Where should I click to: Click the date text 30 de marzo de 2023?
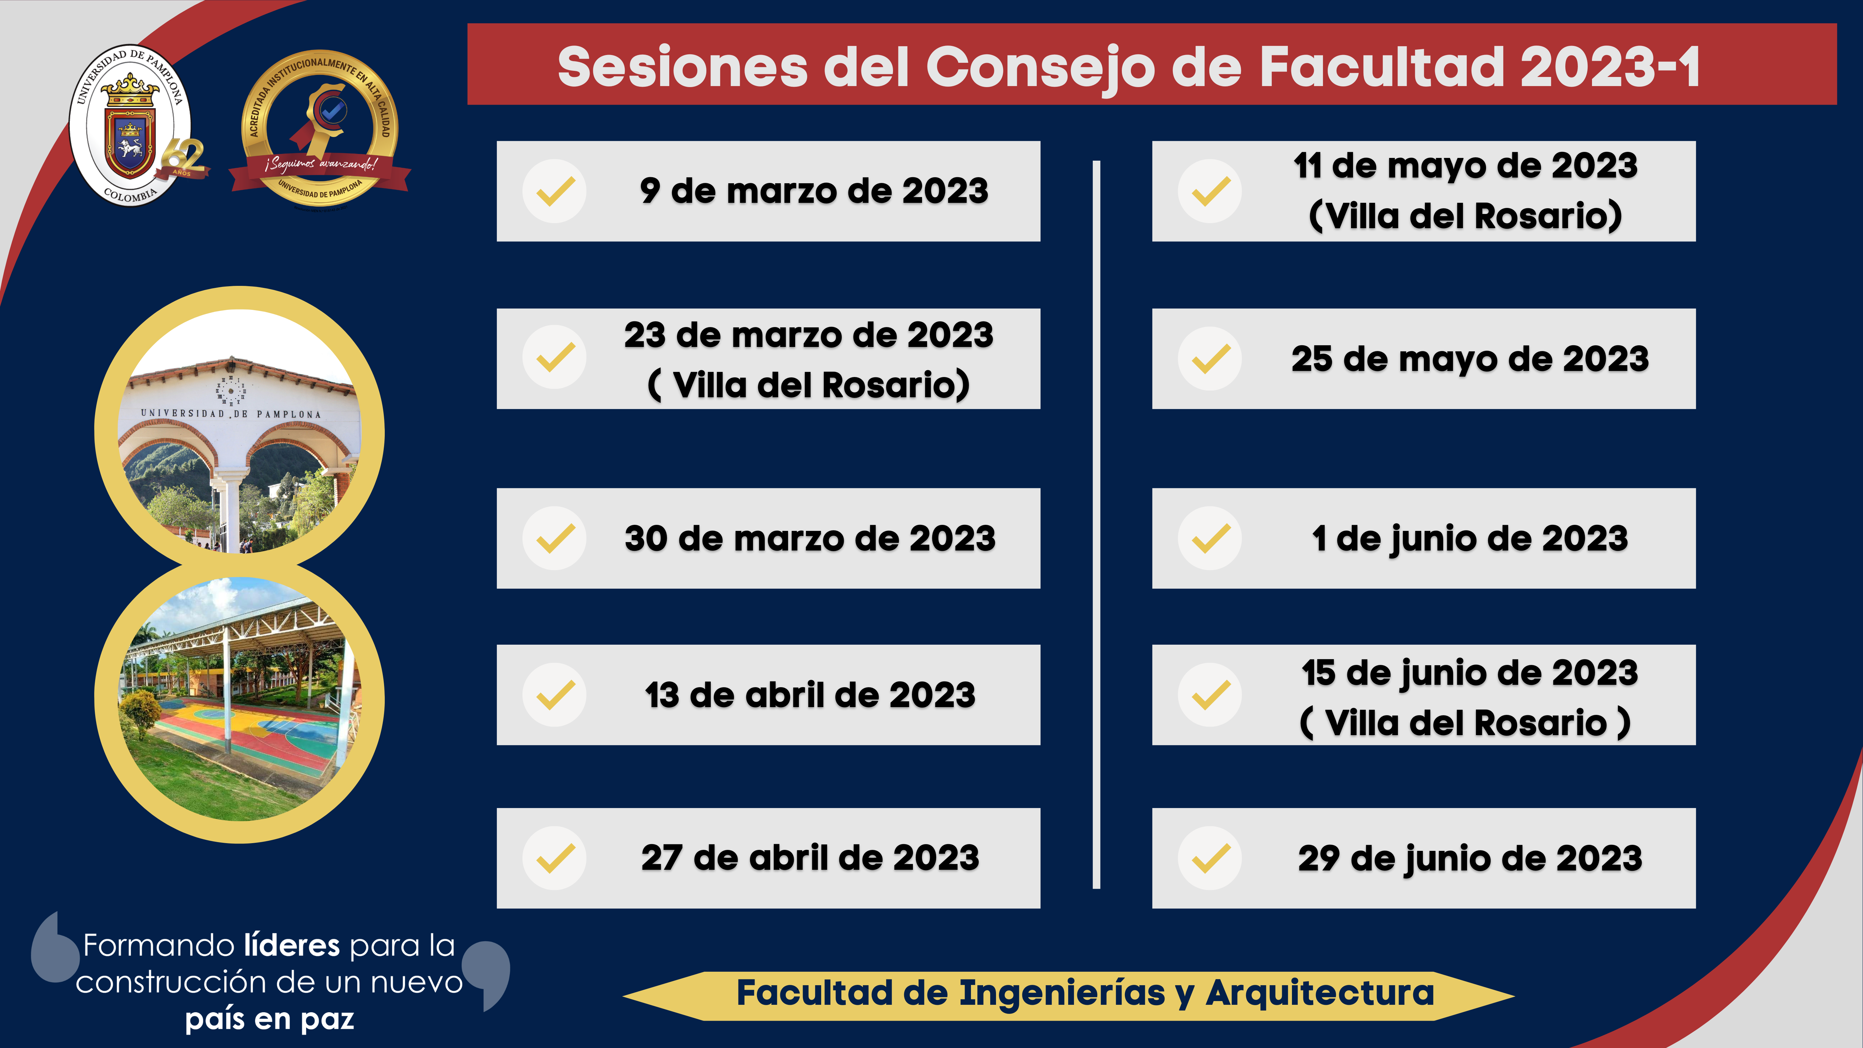tap(810, 539)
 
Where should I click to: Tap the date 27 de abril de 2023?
tap(810, 859)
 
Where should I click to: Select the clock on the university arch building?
tap(232, 391)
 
